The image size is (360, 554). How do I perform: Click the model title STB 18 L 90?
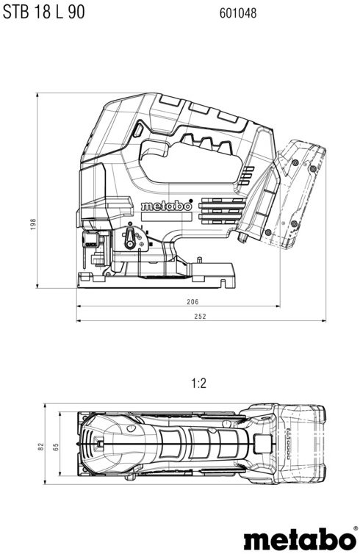[44, 12]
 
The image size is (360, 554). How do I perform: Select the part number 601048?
[238, 13]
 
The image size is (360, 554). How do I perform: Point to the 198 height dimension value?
[33, 224]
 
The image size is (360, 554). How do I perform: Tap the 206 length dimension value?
[192, 301]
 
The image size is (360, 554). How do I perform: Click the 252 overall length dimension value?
[200, 316]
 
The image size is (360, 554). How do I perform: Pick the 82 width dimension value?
[41, 446]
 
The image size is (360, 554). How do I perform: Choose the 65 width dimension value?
[56, 447]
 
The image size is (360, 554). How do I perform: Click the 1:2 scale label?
[199, 383]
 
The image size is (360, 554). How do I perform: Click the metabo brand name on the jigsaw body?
[166, 206]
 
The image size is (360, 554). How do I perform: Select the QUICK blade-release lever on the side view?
[90, 240]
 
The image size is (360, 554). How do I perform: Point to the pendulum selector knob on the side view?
[130, 238]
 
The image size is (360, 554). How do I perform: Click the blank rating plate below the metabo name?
[166, 217]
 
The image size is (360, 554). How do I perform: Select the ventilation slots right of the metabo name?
[222, 212]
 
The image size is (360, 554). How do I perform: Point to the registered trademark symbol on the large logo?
[354, 528]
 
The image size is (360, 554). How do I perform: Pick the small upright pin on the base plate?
[200, 260]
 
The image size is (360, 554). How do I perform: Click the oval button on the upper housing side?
[138, 130]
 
